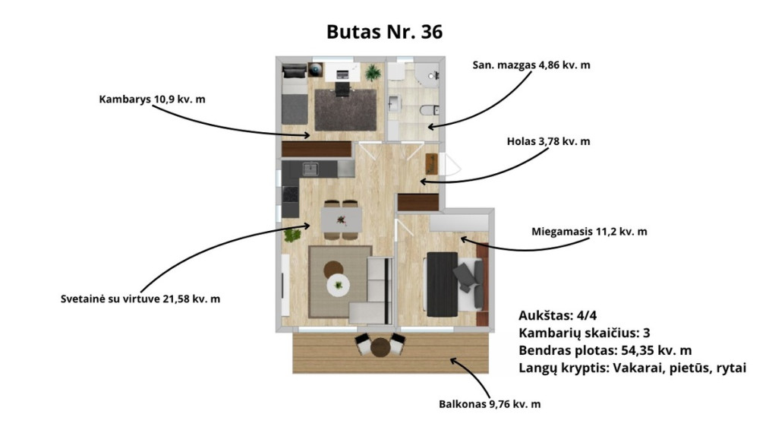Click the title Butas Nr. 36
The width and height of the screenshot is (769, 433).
[384, 32]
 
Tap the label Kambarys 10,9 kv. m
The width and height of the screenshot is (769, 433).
[152, 100]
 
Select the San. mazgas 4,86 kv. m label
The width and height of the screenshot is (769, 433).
[531, 65]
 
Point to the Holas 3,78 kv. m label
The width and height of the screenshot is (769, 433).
[548, 141]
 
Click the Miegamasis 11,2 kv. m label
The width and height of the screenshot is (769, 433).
[589, 231]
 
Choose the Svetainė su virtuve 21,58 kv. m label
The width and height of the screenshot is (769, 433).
[140, 299]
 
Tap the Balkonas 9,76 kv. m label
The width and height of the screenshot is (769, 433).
[490, 404]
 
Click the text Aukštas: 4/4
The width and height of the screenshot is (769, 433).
[558, 315]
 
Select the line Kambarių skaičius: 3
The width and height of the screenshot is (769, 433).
[584, 333]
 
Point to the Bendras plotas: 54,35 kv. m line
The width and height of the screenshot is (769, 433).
[605, 350]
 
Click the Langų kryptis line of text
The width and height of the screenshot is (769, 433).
[632, 368]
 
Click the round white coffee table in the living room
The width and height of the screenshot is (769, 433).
[339, 285]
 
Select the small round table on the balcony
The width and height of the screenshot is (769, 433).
[380, 347]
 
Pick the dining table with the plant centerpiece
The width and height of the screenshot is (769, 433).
[342, 220]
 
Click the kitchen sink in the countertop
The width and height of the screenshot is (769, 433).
[310, 169]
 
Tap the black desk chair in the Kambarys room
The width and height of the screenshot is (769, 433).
[343, 90]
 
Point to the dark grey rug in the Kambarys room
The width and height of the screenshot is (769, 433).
[345, 110]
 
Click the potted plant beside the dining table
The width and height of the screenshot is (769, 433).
[293, 235]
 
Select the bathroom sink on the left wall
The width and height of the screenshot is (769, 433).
[395, 103]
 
